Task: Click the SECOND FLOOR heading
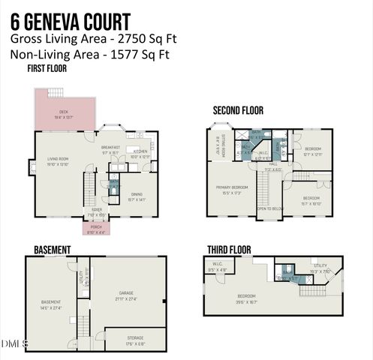[x=238, y=110]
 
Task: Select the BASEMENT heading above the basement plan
[x=52, y=248]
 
